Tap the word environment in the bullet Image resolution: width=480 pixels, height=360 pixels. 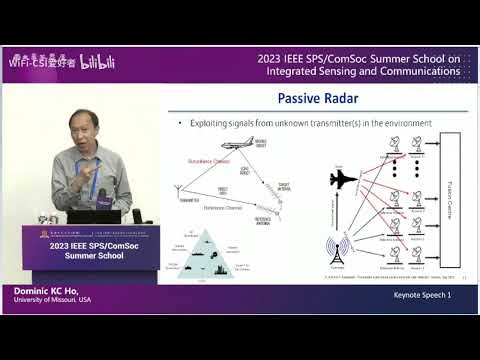tap(409, 123)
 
